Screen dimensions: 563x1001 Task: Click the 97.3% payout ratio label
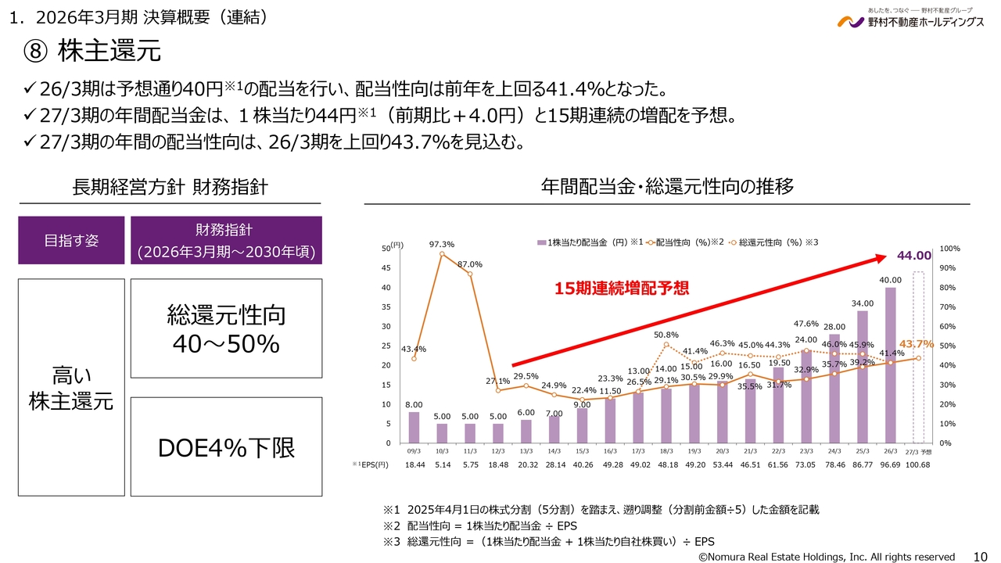[x=442, y=245]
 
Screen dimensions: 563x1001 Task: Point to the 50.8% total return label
[x=666, y=335]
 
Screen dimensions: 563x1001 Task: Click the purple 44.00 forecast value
[x=914, y=256]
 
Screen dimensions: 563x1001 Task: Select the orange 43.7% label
[x=917, y=344]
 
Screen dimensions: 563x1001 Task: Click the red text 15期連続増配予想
[x=622, y=289]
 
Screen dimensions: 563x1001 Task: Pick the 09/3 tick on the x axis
[x=414, y=451]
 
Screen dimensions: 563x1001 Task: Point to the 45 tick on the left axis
[x=386, y=268]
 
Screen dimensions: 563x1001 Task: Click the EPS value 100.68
[x=918, y=465]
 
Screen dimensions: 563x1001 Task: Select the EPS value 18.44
[x=414, y=465]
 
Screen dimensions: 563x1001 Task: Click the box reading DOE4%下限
[x=226, y=446]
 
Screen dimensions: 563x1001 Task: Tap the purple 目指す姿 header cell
[x=71, y=241]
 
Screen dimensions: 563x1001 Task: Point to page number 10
[x=979, y=556]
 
